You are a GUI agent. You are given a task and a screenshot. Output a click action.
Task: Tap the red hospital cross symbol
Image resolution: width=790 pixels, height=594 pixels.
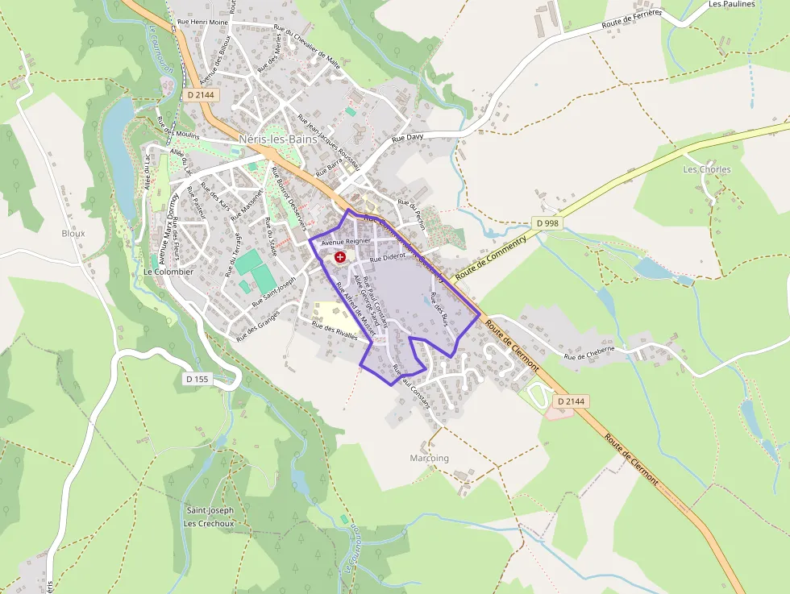(x=340, y=257)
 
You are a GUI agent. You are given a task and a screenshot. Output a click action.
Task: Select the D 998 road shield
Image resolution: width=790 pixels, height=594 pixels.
(x=547, y=222)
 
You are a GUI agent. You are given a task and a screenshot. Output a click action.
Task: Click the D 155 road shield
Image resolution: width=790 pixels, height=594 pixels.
(x=197, y=378)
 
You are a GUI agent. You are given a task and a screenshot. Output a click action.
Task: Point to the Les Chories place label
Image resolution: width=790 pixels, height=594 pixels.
(x=706, y=169)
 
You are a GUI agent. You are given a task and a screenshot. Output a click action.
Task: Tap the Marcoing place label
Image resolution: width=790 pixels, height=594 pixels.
(x=429, y=458)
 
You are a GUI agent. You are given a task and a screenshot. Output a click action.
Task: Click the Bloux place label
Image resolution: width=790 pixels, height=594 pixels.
(x=73, y=233)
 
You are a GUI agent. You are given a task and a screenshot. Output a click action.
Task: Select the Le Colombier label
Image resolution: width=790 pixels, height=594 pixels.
(x=168, y=272)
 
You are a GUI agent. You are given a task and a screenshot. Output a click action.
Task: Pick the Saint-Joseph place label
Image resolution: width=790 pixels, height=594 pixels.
(x=210, y=510)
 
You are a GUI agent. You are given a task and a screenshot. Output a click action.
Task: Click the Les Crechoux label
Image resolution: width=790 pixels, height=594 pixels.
(x=209, y=523)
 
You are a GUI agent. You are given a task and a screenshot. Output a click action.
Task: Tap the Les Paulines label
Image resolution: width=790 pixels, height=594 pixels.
(x=732, y=4)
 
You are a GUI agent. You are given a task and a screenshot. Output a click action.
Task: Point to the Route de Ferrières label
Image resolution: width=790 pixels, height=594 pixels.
(x=632, y=20)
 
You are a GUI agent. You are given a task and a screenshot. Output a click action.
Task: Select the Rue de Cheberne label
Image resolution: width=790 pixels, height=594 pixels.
(x=589, y=353)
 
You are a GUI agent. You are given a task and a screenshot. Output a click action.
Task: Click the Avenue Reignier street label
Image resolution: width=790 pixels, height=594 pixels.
(x=345, y=241)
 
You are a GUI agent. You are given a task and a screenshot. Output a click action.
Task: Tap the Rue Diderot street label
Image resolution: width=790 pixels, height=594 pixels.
(x=387, y=259)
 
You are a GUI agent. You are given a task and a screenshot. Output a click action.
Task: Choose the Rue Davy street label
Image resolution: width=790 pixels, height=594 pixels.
(x=407, y=139)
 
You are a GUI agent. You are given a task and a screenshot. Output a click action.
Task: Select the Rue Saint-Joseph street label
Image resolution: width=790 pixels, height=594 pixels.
(x=274, y=290)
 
